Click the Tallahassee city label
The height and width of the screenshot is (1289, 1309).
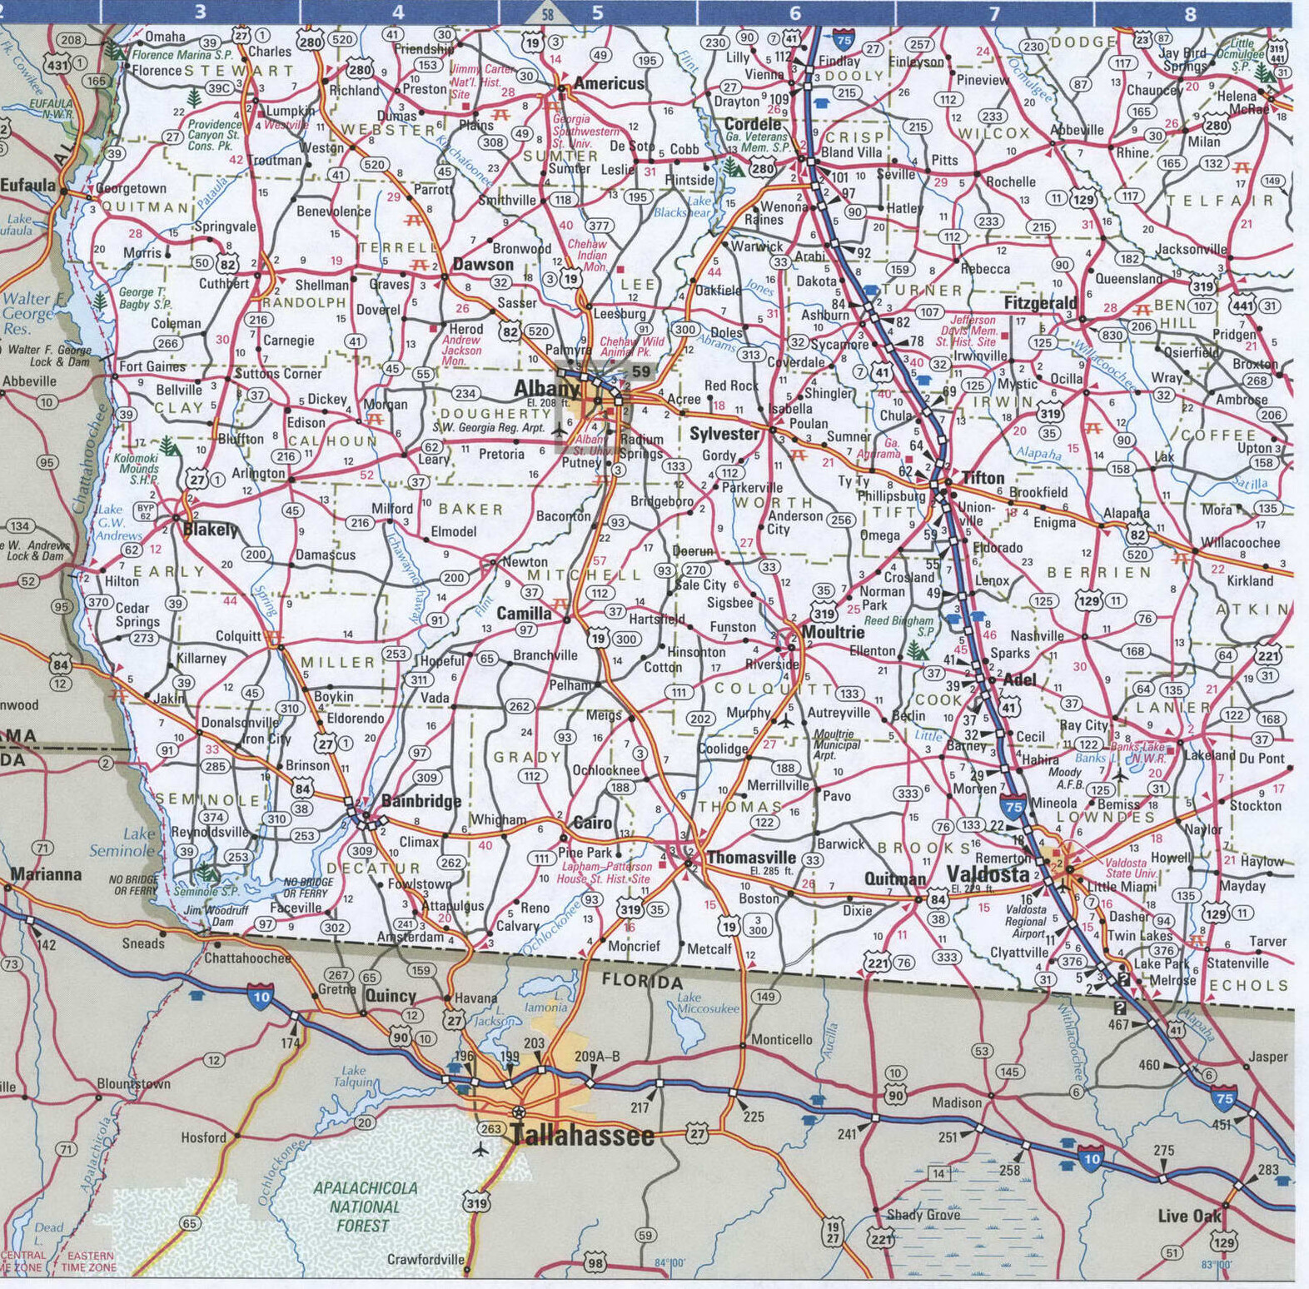582,1135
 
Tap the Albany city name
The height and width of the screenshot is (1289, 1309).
546,388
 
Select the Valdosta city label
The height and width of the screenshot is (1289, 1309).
988,873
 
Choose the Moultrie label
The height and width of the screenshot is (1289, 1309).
833,632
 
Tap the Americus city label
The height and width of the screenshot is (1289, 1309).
609,83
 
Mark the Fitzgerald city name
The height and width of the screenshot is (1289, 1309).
1039,303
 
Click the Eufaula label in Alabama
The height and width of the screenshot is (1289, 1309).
27,185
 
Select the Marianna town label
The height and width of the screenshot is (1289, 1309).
46,874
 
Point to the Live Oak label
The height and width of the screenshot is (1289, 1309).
1189,1216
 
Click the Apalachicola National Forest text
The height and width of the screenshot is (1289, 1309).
365,1207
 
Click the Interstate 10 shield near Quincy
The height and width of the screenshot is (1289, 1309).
261,996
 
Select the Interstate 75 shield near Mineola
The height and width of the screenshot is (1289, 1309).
1013,806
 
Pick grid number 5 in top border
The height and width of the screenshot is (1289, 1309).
597,12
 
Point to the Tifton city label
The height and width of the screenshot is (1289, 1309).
983,478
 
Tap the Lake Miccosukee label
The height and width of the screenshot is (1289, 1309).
707,1003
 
